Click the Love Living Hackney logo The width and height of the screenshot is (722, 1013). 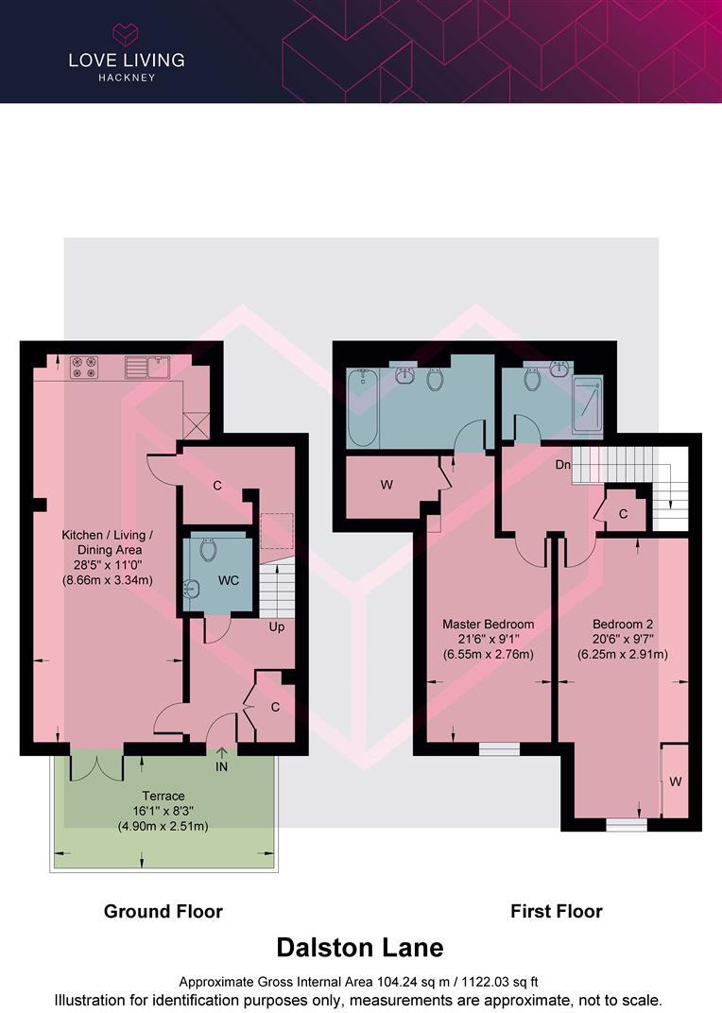point(126,52)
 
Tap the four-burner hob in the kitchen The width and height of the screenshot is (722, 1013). point(82,366)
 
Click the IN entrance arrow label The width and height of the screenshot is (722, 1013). point(221,766)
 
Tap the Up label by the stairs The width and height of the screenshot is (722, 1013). point(277,627)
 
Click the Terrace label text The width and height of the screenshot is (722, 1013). point(163,796)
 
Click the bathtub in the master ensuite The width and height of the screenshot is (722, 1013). point(363,408)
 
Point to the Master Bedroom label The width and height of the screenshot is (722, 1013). point(489,625)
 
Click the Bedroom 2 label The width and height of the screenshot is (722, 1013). point(623,625)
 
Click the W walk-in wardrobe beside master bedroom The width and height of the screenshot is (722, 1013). point(386,486)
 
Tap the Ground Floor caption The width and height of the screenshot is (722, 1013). point(163,911)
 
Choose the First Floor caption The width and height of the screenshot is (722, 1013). point(556,911)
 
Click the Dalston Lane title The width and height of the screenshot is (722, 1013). point(359,947)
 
